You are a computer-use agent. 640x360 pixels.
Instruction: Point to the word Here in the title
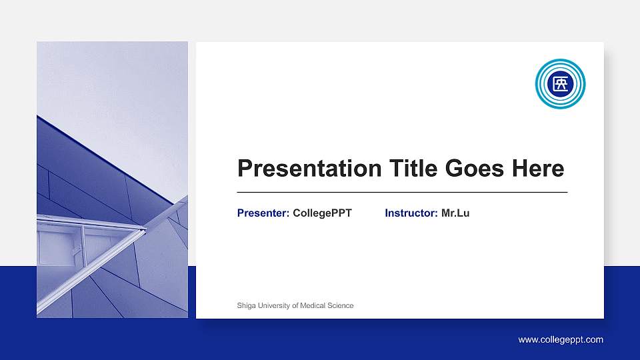click(537, 168)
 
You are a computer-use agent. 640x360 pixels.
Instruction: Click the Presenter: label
click(263, 213)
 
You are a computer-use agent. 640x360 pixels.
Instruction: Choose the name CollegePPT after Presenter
click(322, 213)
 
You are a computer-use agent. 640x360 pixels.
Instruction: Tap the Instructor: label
click(411, 213)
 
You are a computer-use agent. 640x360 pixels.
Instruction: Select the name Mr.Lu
click(455, 213)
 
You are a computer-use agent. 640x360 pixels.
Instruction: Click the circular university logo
click(560, 84)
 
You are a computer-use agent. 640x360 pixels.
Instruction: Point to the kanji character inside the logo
click(560, 84)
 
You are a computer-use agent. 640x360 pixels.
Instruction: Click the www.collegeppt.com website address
click(561, 339)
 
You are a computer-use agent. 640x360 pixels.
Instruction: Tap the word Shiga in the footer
click(245, 305)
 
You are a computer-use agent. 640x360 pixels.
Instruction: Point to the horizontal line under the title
click(402, 192)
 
